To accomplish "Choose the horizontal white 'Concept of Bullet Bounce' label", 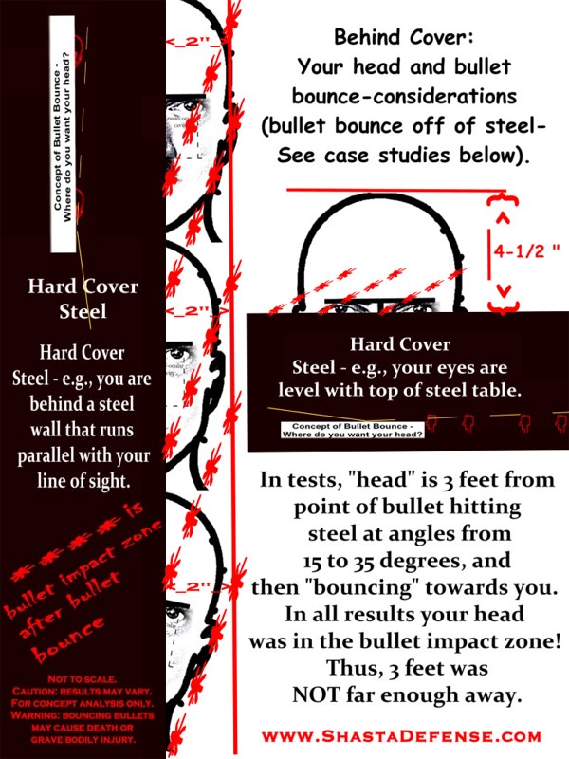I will point(352,432).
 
